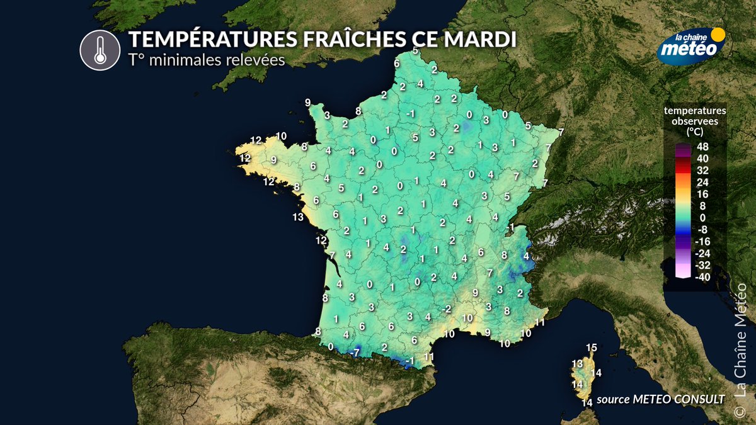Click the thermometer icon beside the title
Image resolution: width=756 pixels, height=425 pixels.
tap(100, 50)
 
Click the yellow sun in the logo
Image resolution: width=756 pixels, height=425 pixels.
tap(718, 34)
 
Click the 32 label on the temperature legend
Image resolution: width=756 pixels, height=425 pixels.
tap(703, 170)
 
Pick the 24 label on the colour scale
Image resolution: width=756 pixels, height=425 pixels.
tap(703, 182)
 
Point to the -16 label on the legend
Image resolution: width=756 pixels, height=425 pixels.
tap(701, 241)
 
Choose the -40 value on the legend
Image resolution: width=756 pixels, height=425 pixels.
tap(701, 277)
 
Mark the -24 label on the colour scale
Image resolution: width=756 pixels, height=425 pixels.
tap(701, 253)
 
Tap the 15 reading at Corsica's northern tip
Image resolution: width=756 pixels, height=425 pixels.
tap(591, 348)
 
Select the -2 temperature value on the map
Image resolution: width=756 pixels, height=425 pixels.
tap(447, 309)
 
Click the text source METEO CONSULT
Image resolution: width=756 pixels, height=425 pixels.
tap(660, 398)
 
